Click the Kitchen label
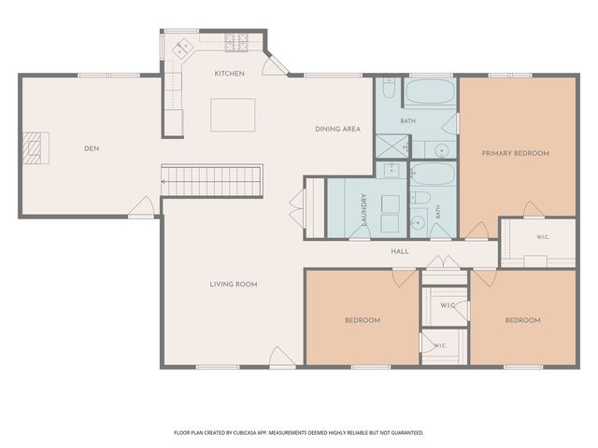[x=229, y=74]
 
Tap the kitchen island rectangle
[x=233, y=115]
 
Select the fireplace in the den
[x=36, y=147]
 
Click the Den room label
[x=92, y=148]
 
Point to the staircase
[x=212, y=180]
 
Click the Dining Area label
[x=337, y=129]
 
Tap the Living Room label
[x=234, y=284]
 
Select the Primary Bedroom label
[x=516, y=153]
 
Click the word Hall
[x=400, y=251]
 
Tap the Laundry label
[x=363, y=209]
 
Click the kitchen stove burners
[x=236, y=43]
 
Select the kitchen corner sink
[x=183, y=49]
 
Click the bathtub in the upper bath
[x=430, y=91]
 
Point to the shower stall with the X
[x=392, y=146]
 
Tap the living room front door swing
[x=281, y=356]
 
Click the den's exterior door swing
[x=141, y=206]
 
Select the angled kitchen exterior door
[x=276, y=64]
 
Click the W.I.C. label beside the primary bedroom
[x=543, y=237]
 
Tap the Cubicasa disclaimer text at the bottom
[x=299, y=433]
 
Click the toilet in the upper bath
[x=389, y=88]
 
